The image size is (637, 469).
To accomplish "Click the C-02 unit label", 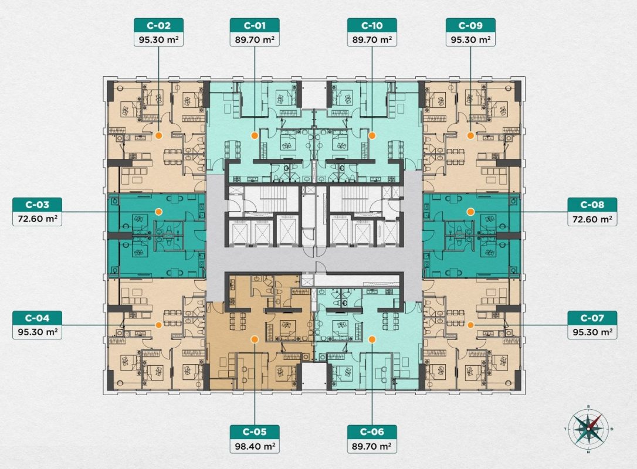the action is tap(158, 26).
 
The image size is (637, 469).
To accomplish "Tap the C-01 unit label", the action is tap(255, 26).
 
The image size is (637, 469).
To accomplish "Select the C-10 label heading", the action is tap(372, 26).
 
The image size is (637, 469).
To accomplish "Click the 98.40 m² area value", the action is tap(255, 446).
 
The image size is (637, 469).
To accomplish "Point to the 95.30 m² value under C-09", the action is tap(470, 40).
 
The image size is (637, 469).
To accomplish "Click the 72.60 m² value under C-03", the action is tap(38, 219).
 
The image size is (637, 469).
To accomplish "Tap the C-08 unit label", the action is tap(592, 205).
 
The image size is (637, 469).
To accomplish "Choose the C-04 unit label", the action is tap(38, 318).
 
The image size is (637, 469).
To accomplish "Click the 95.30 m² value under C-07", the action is tap(592, 332).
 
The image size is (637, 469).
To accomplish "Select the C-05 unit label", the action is tap(255, 431).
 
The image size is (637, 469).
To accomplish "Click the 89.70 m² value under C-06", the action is tap(372, 446).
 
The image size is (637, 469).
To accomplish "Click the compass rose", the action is tap(588, 429).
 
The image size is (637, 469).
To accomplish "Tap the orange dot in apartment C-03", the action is tap(159, 212).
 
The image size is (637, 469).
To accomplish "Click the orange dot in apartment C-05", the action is tap(255, 339).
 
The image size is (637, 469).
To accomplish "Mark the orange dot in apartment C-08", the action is tap(470, 212).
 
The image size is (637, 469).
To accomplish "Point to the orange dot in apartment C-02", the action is tap(159, 135).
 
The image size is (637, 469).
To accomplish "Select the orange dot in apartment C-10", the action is tap(372, 135).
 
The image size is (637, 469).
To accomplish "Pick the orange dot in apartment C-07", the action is tap(470, 325).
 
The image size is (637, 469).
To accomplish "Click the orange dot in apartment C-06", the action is tap(372, 339).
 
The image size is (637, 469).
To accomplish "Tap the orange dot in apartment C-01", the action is tap(255, 135).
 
